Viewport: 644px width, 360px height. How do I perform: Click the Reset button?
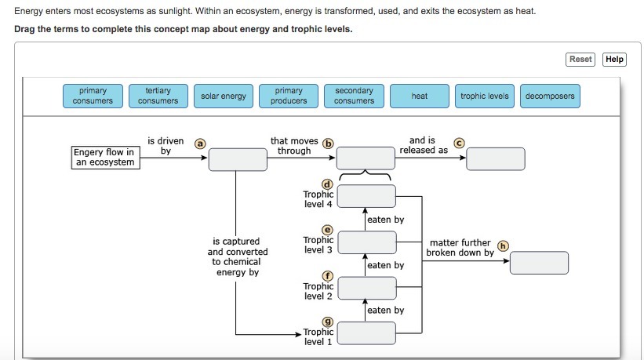pos(580,60)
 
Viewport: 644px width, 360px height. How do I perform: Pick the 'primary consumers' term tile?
pos(93,96)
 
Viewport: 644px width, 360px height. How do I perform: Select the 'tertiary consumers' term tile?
pos(158,96)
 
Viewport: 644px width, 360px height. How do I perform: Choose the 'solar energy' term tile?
pos(224,96)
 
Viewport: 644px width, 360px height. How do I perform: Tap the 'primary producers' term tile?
pos(289,96)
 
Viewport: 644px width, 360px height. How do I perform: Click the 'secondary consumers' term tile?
pos(354,96)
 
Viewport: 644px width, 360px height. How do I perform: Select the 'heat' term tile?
pos(420,96)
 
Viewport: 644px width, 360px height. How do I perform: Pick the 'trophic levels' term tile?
pos(485,96)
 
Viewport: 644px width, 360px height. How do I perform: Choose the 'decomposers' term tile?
pos(550,96)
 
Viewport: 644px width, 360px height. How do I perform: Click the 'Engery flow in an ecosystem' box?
pos(104,157)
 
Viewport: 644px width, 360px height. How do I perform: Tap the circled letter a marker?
pos(200,144)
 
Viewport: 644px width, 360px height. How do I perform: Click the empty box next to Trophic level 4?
pos(366,196)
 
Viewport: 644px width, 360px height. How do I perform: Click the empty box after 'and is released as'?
pos(496,158)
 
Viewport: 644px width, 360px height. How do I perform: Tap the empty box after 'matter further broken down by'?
pos(539,262)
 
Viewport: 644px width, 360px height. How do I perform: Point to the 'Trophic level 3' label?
pos(318,245)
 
